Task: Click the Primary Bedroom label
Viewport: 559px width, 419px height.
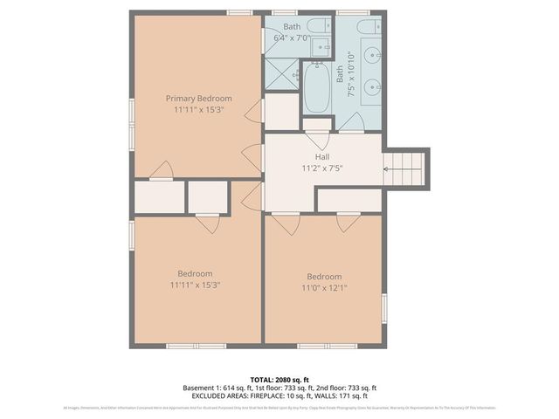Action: tap(199, 99)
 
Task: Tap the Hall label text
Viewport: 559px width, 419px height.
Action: tap(322, 156)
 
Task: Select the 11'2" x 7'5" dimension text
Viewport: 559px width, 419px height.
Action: tap(322, 168)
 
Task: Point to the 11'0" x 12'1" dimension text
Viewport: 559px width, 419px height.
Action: tap(323, 288)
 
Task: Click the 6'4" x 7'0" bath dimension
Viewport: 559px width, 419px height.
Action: tap(292, 38)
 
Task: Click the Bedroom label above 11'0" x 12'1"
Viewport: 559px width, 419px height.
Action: tap(323, 277)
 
